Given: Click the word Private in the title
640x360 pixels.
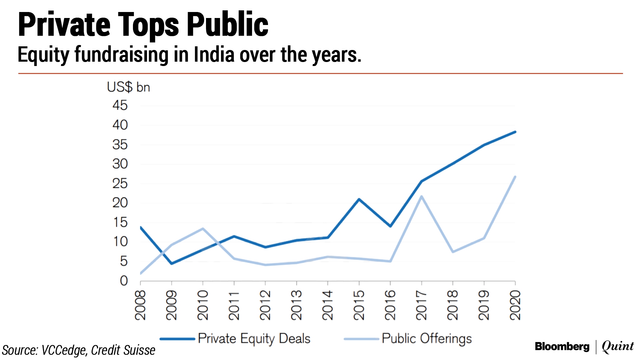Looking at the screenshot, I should tap(64, 25).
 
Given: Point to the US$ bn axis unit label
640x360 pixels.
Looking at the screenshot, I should tap(128, 87).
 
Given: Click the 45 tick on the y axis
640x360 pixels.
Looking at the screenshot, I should tap(120, 106).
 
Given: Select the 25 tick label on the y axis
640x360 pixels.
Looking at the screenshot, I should tap(120, 184).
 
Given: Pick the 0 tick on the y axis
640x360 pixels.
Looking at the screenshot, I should tap(124, 281).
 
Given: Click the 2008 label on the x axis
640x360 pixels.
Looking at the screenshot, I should tap(140, 305).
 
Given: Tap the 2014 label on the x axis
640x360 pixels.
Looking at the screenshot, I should tap(328, 305).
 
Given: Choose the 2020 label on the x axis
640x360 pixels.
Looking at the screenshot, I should tap(515, 305).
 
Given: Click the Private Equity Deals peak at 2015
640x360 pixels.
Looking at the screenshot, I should tap(359, 199).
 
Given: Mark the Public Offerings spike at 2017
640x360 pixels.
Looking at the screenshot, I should tap(422, 196).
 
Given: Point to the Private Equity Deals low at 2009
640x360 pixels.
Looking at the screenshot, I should tap(172, 263).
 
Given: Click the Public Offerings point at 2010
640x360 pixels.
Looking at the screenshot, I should tap(203, 229).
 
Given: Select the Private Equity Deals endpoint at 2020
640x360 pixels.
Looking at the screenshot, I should tap(515, 132).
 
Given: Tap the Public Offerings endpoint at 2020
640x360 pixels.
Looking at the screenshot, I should tap(515, 177).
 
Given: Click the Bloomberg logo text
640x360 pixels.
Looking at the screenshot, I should tap(562, 347).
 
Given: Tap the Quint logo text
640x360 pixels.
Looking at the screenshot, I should tap(618, 347).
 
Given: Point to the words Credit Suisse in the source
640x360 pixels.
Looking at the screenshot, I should tap(123, 350).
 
